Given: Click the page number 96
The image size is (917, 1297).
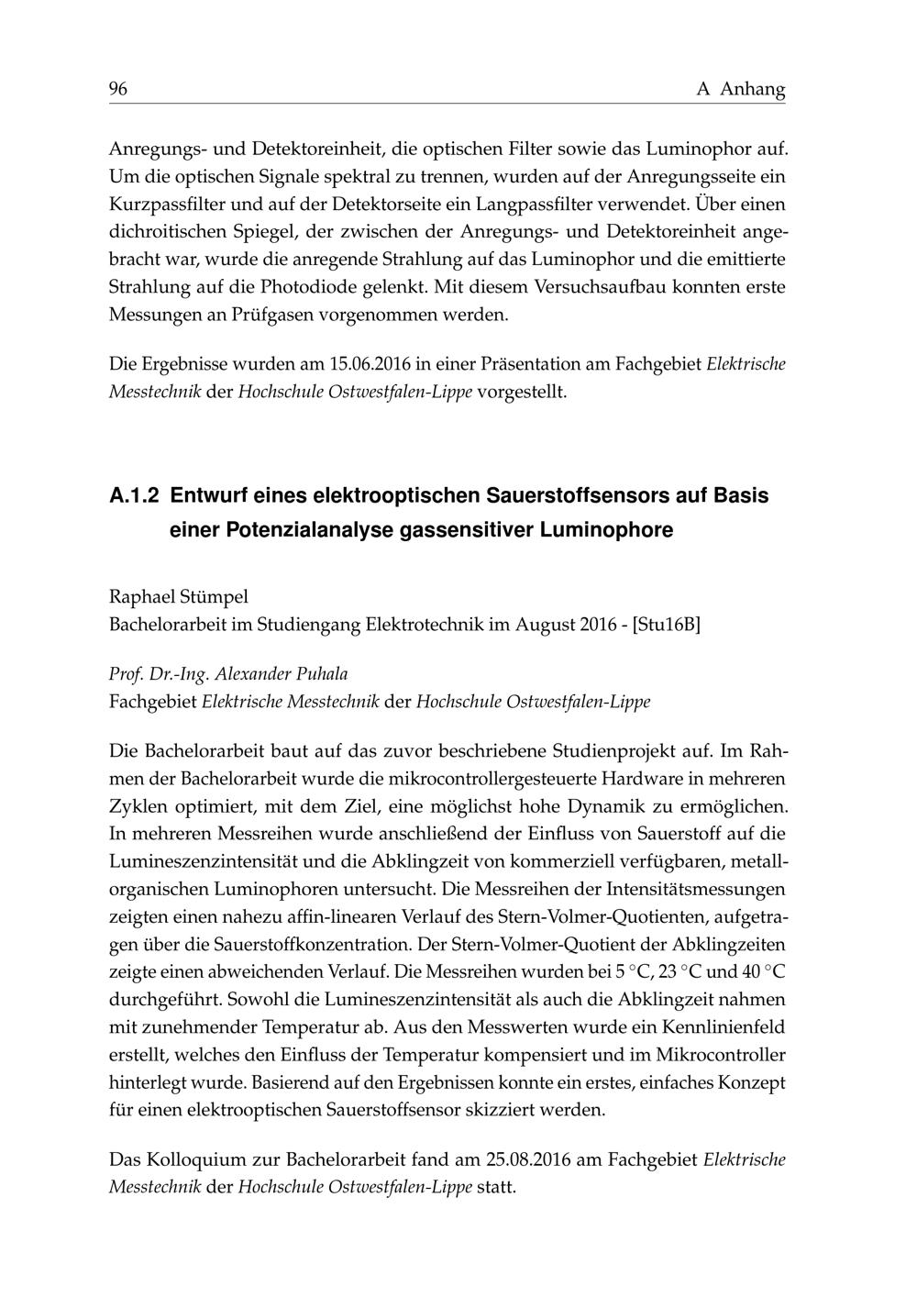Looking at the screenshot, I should pyautogui.click(x=118, y=89).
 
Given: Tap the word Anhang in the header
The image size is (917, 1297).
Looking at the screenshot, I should pyautogui.click(x=753, y=89).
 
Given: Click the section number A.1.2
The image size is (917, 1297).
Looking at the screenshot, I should pyautogui.click(x=134, y=496).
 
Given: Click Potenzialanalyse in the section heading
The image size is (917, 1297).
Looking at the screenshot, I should pyautogui.click(x=310, y=530).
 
